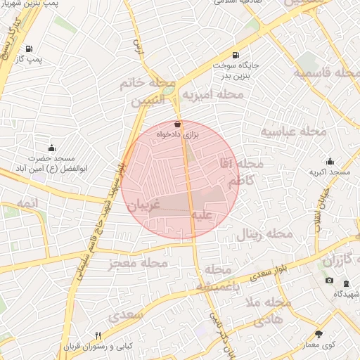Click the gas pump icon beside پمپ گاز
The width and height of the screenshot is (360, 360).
pos(29,49)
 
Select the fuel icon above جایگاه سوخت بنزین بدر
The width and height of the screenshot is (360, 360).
pos(235,55)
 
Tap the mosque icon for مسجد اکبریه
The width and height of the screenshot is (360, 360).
pos(330,162)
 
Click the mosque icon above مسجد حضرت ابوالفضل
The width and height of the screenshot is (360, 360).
pos(51,148)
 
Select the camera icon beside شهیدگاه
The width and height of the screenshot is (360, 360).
pos(329,281)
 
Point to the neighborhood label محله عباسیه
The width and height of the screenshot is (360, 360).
pos(295,131)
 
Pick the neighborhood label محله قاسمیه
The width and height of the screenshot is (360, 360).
pos(326,73)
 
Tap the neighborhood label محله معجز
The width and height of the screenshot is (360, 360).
pos(139,264)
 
